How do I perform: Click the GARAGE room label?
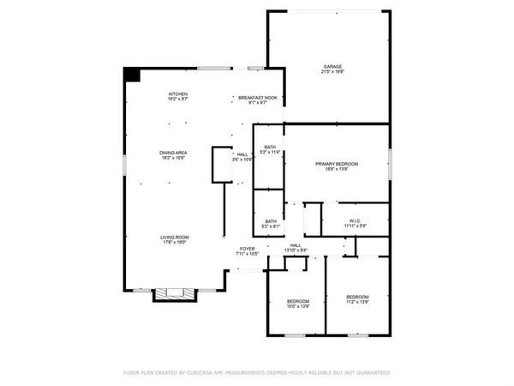point(332,67)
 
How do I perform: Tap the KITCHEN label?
point(178,93)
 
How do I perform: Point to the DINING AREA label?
point(178,153)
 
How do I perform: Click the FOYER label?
point(247,249)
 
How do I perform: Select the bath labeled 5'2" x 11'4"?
point(270,148)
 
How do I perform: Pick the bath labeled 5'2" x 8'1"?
point(270,221)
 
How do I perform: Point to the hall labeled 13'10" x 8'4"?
point(295,245)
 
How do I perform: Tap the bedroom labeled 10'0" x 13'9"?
point(297,302)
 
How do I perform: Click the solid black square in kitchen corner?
point(131,75)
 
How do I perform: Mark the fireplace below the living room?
point(175,294)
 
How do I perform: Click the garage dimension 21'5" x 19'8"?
point(332,73)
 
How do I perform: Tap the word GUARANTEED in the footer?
point(373,373)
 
